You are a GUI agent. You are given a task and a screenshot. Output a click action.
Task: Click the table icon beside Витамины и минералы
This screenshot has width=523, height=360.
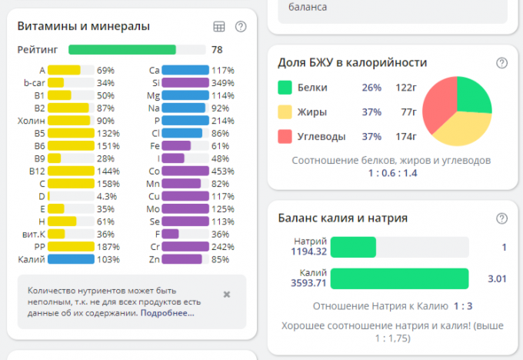click(219, 27)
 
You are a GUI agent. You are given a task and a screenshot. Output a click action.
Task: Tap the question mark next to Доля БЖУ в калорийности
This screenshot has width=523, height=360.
click(501, 63)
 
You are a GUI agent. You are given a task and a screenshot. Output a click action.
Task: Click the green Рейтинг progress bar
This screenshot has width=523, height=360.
click(122, 50)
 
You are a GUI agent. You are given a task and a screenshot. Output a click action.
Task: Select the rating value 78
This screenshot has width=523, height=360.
click(218, 50)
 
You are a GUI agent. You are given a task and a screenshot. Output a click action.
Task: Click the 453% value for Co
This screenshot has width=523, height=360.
click(223, 171)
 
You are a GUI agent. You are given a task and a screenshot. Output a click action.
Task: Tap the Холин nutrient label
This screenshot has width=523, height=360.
click(32, 121)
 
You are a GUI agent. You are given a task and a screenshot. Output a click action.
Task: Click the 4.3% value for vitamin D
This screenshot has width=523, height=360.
click(107, 196)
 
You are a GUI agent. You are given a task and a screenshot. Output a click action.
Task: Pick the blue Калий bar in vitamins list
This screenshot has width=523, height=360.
click(70, 259)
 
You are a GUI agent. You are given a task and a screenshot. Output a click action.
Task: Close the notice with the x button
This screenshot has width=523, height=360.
click(226, 294)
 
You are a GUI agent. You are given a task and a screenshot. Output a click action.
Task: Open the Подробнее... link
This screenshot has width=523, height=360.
click(167, 313)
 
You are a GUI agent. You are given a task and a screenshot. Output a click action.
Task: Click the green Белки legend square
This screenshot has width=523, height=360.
click(285, 88)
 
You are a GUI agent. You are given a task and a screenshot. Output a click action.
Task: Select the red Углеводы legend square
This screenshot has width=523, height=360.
click(285, 137)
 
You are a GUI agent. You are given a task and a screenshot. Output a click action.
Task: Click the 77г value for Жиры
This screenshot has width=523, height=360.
click(408, 112)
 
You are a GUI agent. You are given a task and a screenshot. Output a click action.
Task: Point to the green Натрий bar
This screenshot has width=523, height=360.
click(353, 247)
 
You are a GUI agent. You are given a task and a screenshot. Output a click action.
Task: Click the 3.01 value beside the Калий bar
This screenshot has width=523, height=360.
click(497, 278)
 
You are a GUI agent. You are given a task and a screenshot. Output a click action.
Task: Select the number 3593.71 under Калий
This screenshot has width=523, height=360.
click(308, 283)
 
